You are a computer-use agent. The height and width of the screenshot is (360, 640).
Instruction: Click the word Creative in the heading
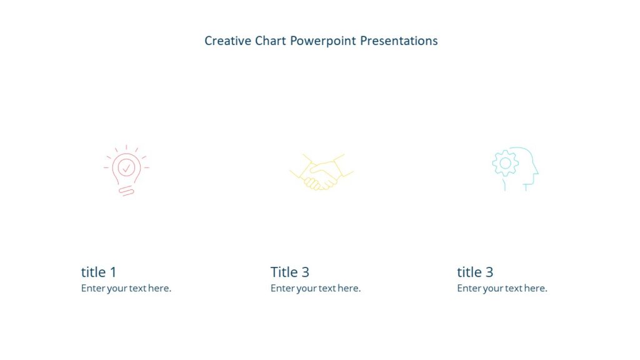tap(227, 41)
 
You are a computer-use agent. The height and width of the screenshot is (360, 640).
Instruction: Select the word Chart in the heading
tap(271, 41)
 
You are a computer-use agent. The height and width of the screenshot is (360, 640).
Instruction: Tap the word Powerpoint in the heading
tap(323, 41)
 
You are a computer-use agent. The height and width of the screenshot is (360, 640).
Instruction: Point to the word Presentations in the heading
tap(399, 41)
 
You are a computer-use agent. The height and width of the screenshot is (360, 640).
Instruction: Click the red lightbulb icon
tap(126, 171)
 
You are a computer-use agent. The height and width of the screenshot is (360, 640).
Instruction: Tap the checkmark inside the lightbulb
tap(126, 167)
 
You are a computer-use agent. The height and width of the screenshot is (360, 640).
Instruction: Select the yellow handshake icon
tap(321, 172)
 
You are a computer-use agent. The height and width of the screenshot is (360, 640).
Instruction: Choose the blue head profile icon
tap(515, 169)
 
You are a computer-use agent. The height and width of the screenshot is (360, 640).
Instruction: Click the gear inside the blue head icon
tap(505, 163)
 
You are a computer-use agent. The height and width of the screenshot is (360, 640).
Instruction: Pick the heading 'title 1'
tap(99, 272)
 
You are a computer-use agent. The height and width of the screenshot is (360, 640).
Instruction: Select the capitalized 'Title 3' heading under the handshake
tap(290, 272)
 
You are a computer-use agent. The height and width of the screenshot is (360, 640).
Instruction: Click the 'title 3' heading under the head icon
tap(475, 272)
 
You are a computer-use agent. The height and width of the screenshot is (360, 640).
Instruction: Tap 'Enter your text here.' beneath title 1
tap(126, 289)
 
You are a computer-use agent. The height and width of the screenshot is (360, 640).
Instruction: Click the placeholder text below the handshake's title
tap(316, 289)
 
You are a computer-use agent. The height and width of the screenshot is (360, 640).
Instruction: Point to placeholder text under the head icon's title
tap(502, 289)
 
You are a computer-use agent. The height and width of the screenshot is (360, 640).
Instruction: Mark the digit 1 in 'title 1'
tap(113, 272)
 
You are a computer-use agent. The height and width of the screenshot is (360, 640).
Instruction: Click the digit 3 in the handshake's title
tap(305, 272)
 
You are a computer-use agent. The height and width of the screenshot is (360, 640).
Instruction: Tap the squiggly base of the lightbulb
tap(127, 190)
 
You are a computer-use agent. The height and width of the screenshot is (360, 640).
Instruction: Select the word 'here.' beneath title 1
tap(160, 289)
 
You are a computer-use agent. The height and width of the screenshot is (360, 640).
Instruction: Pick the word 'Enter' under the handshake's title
tap(282, 289)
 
